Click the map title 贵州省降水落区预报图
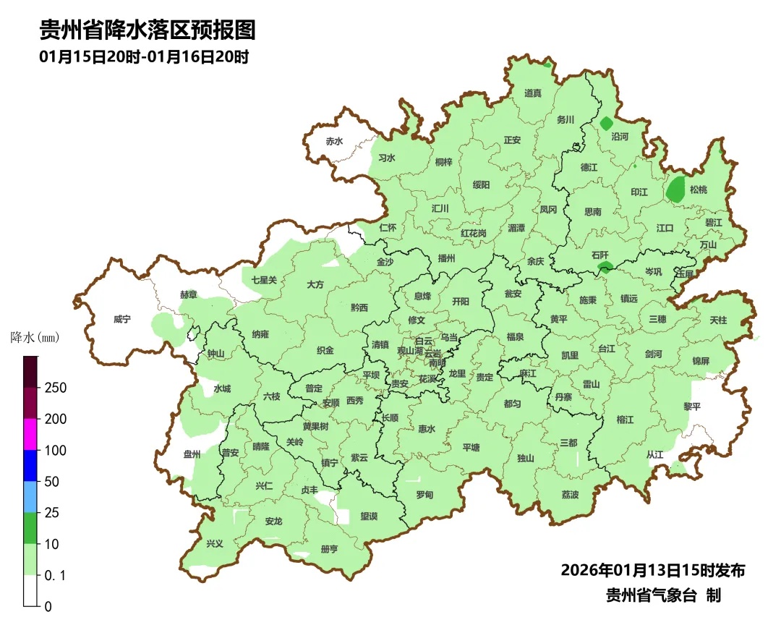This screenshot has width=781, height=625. [147, 30]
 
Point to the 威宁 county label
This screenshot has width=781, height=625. [122, 319]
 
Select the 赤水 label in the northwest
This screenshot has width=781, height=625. [334, 142]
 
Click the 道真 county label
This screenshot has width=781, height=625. [533, 93]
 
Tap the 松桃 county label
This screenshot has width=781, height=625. [699, 190]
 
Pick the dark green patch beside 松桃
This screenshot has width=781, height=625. [676, 190]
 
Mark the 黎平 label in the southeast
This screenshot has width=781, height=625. [692, 407]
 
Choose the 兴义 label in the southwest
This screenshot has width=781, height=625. [215, 543]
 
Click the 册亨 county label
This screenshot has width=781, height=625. [329, 549]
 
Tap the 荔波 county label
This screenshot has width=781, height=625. [570, 495]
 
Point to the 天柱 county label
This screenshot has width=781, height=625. [718, 319]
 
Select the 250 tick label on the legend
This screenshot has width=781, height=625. [55, 388]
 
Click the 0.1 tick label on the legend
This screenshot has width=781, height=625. [56, 575]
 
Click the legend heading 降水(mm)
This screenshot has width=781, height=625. [35, 337]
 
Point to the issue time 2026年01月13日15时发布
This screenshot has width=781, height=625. [652, 570]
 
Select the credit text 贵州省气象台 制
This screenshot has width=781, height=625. [663, 595]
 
